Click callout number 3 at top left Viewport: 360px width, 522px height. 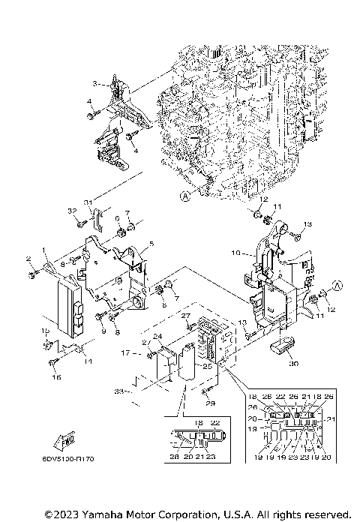(x=95, y=83)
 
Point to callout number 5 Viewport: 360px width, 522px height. (x=151, y=244)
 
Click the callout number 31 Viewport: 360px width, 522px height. (x=87, y=202)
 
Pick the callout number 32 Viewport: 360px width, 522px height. (x=73, y=211)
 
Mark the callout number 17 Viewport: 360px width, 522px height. (x=126, y=353)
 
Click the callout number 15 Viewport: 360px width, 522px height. (x=44, y=330)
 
